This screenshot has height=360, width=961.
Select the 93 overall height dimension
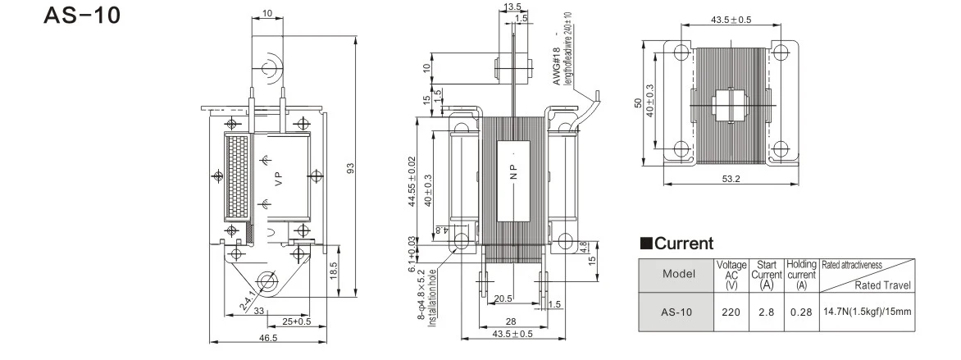pos(349,169)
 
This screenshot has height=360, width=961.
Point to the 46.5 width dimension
pos(269,338)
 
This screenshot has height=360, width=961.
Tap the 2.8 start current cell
pos(767,312)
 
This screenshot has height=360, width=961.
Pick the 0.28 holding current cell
pos(801,312)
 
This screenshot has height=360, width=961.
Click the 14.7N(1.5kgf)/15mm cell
pos(867,312)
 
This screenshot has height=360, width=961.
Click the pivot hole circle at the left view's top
pos(270,65)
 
